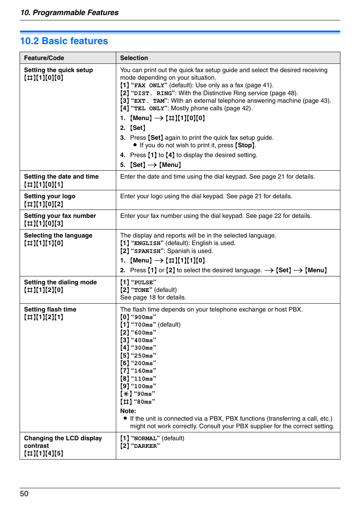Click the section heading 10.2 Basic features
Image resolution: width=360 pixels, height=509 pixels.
tap(64, 41)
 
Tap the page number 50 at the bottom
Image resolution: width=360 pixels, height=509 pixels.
tap(24, 494)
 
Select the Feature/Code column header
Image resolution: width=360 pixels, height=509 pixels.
tap(44, 58)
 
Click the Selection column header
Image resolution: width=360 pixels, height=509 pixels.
tap(134, 58)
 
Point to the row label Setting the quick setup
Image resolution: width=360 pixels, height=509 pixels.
tap(58, 70)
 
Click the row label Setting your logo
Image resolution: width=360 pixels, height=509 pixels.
tap(50, 196)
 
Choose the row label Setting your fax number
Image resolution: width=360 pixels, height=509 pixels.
tap(60, 216)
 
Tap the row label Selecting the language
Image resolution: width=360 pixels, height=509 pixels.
tap(58, 235)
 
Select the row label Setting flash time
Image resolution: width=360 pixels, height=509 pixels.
tap(50, 309)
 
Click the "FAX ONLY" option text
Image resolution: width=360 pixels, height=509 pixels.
tap(149, 85)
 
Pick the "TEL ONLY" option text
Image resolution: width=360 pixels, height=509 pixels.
tap(149, 108)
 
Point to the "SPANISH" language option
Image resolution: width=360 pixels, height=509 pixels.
tap(147, 251)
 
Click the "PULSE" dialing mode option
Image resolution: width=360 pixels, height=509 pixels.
tap(143, 282)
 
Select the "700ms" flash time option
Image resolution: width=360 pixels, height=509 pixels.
tap(143, 325)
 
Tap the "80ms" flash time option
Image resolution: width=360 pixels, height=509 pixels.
tap(144, 402)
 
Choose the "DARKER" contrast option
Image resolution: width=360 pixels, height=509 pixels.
tap(145, 446)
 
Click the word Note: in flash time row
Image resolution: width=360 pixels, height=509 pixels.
tap(128, 411)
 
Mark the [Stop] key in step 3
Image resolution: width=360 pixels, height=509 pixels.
tap(245, 145)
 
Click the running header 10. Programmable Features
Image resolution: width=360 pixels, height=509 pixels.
tap(69, 12)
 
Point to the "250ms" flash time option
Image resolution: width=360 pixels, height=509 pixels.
tap(143, 356)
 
